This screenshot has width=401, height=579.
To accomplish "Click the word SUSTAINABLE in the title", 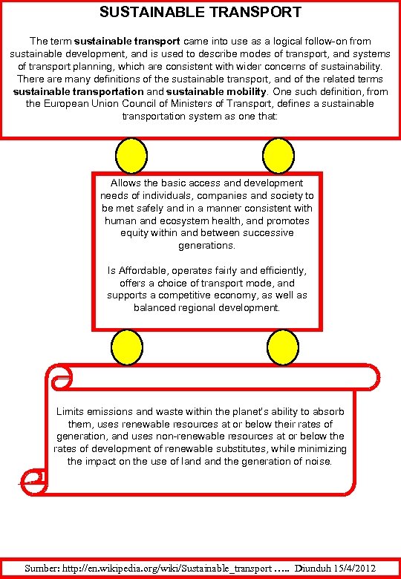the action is click(x=149, y=12).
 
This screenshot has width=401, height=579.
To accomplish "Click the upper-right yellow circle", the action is click(x=281, y=155).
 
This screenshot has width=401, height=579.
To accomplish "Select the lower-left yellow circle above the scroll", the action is click(x=127, y=347).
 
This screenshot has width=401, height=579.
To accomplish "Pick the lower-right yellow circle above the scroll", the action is click(x=281, y=347).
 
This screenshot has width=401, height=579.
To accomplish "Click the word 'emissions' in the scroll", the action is click(x=111, y=411).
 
